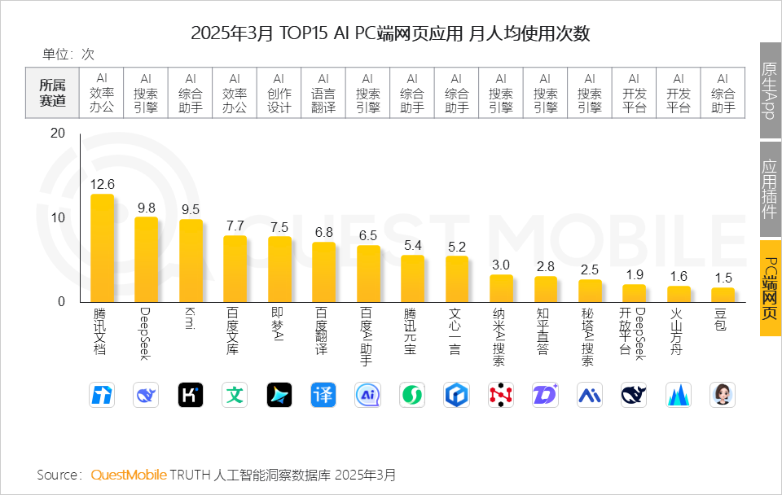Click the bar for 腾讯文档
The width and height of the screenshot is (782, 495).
tap(102, 248)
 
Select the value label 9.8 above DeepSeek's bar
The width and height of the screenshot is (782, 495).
tap(146, 208)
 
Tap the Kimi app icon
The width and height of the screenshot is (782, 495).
tap(191, 395)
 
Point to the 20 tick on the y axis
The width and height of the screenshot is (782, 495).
tap(57, 134)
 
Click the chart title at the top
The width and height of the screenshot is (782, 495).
tap(390, 33)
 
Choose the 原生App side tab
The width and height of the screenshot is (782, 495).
tap(769, 90)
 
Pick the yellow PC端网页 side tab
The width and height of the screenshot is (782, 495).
tap(769, 288)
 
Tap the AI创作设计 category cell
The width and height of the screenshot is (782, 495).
tap(279, 93)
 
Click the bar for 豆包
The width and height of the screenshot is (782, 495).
tap(723, 295)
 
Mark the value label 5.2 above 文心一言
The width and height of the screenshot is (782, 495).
tap(457, 247)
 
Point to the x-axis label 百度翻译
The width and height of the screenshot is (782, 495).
tap(323, 330)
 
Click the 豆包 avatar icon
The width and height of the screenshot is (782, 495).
tap(723, 395)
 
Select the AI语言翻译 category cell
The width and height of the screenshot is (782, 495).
tap(323, 93)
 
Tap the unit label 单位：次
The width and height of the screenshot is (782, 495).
tap(68, 55)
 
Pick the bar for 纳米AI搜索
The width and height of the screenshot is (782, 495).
tap(501, 288)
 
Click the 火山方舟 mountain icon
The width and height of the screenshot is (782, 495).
tap(679, 395)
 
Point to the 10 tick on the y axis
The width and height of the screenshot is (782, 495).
tap(57, 217)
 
